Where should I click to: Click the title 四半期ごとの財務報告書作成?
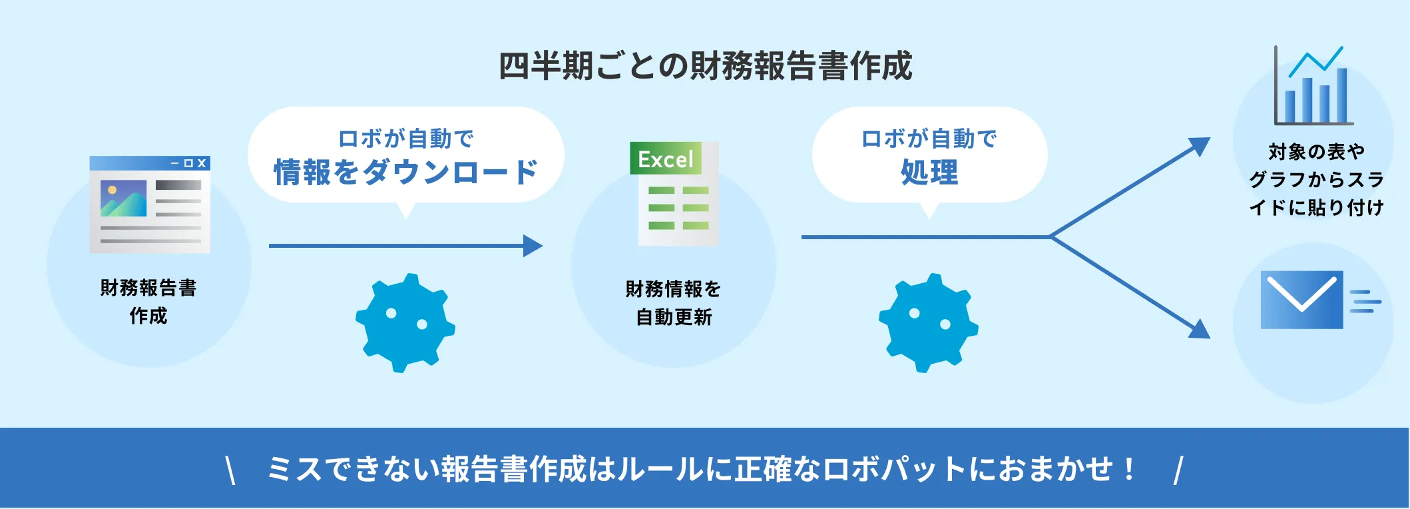[x=705, y=66]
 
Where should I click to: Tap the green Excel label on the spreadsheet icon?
[x=665, y=159]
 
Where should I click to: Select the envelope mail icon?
[x=1301, y=300]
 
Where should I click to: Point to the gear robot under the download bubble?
[x=405, y=323]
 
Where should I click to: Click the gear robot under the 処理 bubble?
[x=929, y=323]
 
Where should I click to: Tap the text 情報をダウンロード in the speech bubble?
[x=405, y=172]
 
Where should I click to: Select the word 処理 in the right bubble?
[x=929, y=172]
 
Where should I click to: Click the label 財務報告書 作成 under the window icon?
[x=148, y=302]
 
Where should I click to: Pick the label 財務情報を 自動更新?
[x=674, y=303]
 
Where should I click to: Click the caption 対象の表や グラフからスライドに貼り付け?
[x=1316, y=180]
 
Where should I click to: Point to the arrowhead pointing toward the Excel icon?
[x=534, y=246]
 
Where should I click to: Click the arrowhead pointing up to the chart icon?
[x=1200, y=146]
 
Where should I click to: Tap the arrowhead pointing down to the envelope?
[x=1200, y=329]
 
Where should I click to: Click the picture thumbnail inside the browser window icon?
[x=124, y=198]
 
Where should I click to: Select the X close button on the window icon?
[x=202, y=163]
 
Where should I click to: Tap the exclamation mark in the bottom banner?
[x=1129, y=469]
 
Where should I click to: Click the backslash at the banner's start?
[x=230, y=470]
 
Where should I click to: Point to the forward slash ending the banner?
[x=1178, y=470]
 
